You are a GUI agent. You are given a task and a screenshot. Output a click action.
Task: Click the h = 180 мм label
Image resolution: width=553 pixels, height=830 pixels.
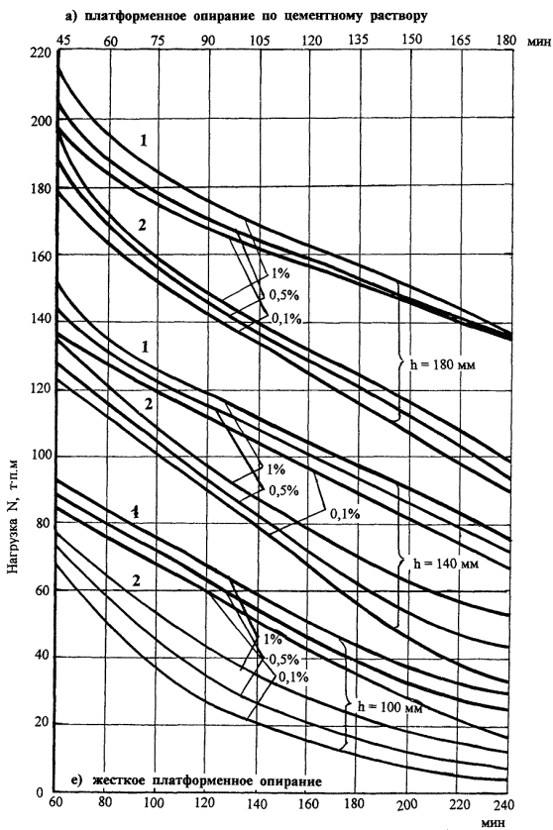pos(443,364)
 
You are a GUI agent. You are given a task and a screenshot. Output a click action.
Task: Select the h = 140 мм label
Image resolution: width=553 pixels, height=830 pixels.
pos(446,564)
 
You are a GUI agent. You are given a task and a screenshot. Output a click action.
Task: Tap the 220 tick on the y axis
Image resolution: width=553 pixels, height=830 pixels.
pos(42,52)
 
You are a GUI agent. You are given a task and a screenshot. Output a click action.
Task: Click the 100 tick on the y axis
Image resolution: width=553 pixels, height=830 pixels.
pos(42,456)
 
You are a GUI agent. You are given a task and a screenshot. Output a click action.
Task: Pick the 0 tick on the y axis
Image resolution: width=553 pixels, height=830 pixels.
pos(40,793)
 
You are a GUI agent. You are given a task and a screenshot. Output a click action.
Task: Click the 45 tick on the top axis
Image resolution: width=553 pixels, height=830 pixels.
pos(62,41)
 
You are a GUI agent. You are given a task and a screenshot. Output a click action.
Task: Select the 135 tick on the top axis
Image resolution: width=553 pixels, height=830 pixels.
pos(359,40)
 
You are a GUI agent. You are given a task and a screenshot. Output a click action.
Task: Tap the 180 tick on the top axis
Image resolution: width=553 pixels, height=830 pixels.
pos(507,41)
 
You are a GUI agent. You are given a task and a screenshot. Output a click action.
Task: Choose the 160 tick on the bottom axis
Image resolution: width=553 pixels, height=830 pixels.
pos(308,804)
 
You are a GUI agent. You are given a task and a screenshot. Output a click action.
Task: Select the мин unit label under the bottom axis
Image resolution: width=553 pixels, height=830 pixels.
pos(494,823)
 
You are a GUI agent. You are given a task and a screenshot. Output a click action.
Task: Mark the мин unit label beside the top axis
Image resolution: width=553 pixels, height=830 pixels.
pos(539,42)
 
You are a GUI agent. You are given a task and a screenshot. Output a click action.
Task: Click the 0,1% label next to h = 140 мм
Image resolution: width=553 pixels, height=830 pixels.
pos(345,513)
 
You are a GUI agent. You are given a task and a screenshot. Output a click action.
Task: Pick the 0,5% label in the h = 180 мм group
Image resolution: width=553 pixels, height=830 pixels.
pos(284,295)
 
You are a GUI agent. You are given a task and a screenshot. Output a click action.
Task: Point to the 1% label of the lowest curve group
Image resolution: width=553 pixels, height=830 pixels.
pos(273,640)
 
